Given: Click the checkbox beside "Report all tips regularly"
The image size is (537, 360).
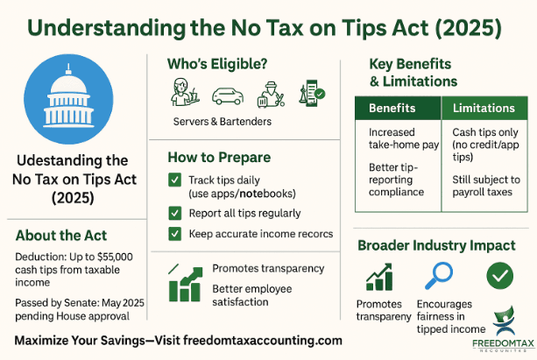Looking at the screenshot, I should point(175,213).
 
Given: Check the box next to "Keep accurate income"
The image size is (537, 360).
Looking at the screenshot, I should point(175,234).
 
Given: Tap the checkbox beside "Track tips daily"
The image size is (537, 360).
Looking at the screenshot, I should point(175,180).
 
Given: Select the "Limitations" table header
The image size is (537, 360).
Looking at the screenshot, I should point(483,109).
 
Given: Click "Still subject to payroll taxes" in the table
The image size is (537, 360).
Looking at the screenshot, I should point(484,189).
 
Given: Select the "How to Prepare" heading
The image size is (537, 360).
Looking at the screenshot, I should point(219,158).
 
